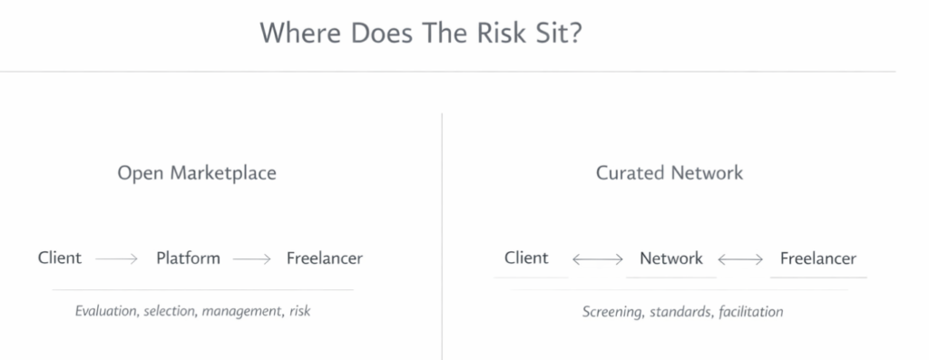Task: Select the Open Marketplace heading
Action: tap(197, 172)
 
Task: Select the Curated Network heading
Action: tap(670, 172)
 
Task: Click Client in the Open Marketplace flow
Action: tap(60, 258)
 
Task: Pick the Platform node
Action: tap(188, 258)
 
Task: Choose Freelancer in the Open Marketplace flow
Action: tap(325, 258)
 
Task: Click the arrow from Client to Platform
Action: tap(116, 259)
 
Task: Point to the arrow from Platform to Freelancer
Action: tap(252, 259)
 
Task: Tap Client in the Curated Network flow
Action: tap(527, 258)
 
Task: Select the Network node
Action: tap(671, 258)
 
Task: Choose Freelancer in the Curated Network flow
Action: tap(818, 258)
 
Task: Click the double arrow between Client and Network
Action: tap(597, 260)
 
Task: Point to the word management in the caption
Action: tap(240, 312)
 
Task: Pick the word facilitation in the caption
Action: tap(748, 312)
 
